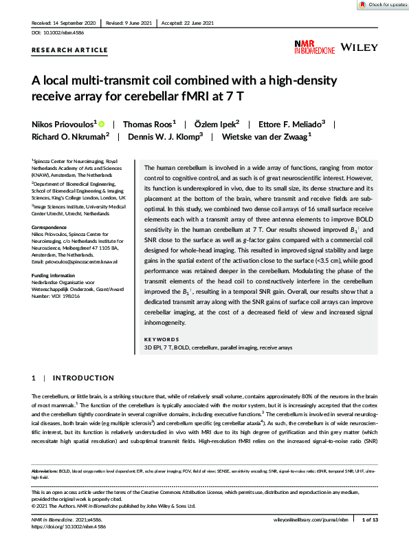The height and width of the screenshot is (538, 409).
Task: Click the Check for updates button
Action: coord(383,5)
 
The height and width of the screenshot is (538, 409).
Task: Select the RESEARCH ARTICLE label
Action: coord(69,50)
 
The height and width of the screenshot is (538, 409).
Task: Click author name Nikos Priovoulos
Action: coord(65,124)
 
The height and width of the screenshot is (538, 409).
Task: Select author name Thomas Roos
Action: coord(149,124)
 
